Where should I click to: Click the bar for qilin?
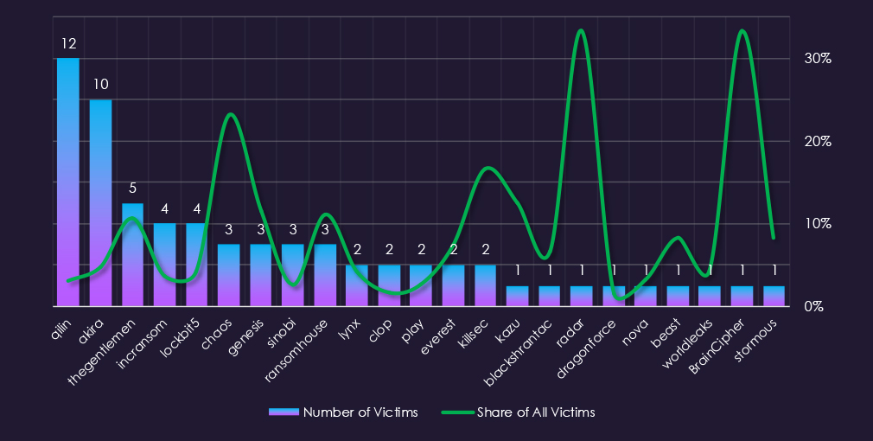(68, 182)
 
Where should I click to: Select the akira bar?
(100, 203)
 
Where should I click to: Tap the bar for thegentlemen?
(132, 255)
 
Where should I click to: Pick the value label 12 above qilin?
(68, 43)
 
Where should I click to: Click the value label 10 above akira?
(100, 85)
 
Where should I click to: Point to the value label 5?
(132, 188)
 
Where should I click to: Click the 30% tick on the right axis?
(818, 59)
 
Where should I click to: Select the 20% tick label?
(818, 141)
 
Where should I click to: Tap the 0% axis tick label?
(813, 307)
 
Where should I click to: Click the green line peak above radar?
(581, 31)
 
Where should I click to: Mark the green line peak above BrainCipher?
(742, 31)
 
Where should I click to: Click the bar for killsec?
(485, 285)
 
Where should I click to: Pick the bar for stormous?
(774, 296)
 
